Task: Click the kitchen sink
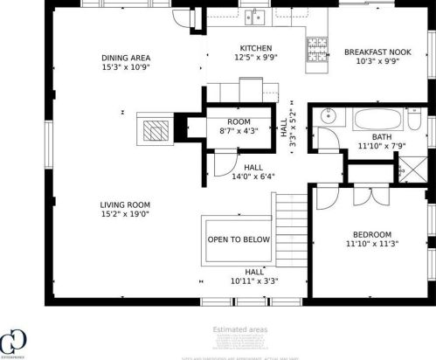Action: click(256, 15)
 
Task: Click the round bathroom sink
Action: click(329, 115)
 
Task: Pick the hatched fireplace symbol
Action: click(154, 129)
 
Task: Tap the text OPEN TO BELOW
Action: click(239, 239)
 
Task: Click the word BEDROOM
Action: click(372, 234)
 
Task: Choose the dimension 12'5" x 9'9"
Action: click(256, 58)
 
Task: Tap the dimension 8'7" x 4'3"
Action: click(239, 132)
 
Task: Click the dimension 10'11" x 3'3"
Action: click(254, 281)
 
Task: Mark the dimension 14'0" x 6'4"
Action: click(253, 177)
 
